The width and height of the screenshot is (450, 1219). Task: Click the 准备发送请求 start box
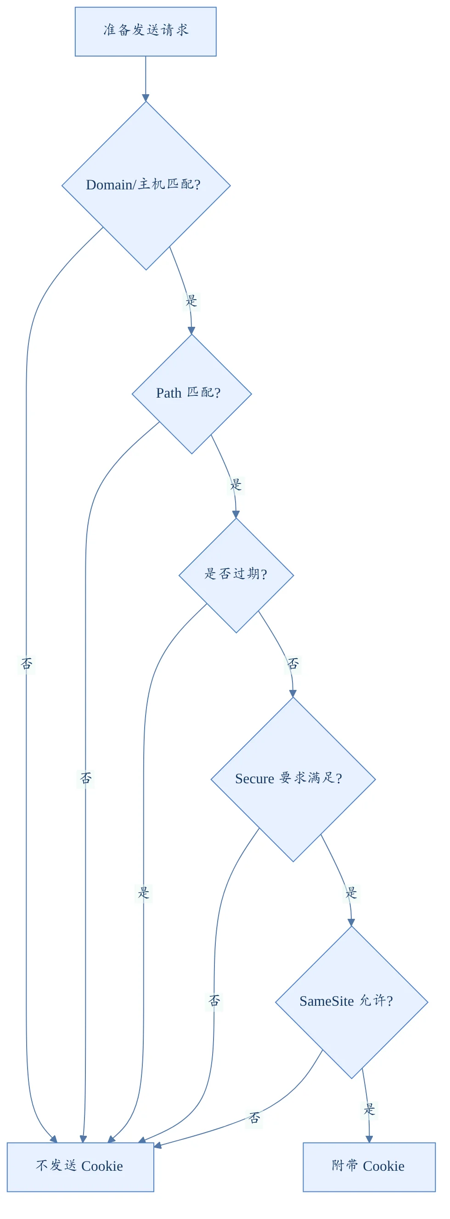146,32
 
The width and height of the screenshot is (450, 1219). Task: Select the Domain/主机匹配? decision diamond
146,186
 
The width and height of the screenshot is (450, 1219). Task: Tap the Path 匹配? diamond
192,394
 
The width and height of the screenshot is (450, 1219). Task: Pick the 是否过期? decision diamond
236,575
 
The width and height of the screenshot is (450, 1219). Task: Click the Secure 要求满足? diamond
293,780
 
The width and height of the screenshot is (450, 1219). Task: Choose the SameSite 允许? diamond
352,1002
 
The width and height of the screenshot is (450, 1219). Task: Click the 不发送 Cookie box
80,1167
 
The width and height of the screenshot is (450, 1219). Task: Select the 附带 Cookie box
369,1167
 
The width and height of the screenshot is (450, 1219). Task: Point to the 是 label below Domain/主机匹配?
191,301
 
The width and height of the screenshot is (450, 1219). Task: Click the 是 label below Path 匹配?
236,484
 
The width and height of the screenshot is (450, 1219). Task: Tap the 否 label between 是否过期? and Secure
293,663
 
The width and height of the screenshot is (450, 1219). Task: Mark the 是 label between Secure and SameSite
351,893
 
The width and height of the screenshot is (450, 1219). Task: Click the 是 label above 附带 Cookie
369,1109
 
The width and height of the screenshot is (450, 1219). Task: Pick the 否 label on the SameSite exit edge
254,1118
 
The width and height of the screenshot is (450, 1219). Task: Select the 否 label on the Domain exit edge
27,663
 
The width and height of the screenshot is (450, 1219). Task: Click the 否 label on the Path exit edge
85,778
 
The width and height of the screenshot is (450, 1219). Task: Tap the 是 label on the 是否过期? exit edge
144,893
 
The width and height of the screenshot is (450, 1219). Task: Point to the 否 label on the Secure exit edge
214,1000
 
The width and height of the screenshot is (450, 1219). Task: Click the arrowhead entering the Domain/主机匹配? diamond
146,98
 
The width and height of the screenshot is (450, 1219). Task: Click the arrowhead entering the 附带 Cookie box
369,1139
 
